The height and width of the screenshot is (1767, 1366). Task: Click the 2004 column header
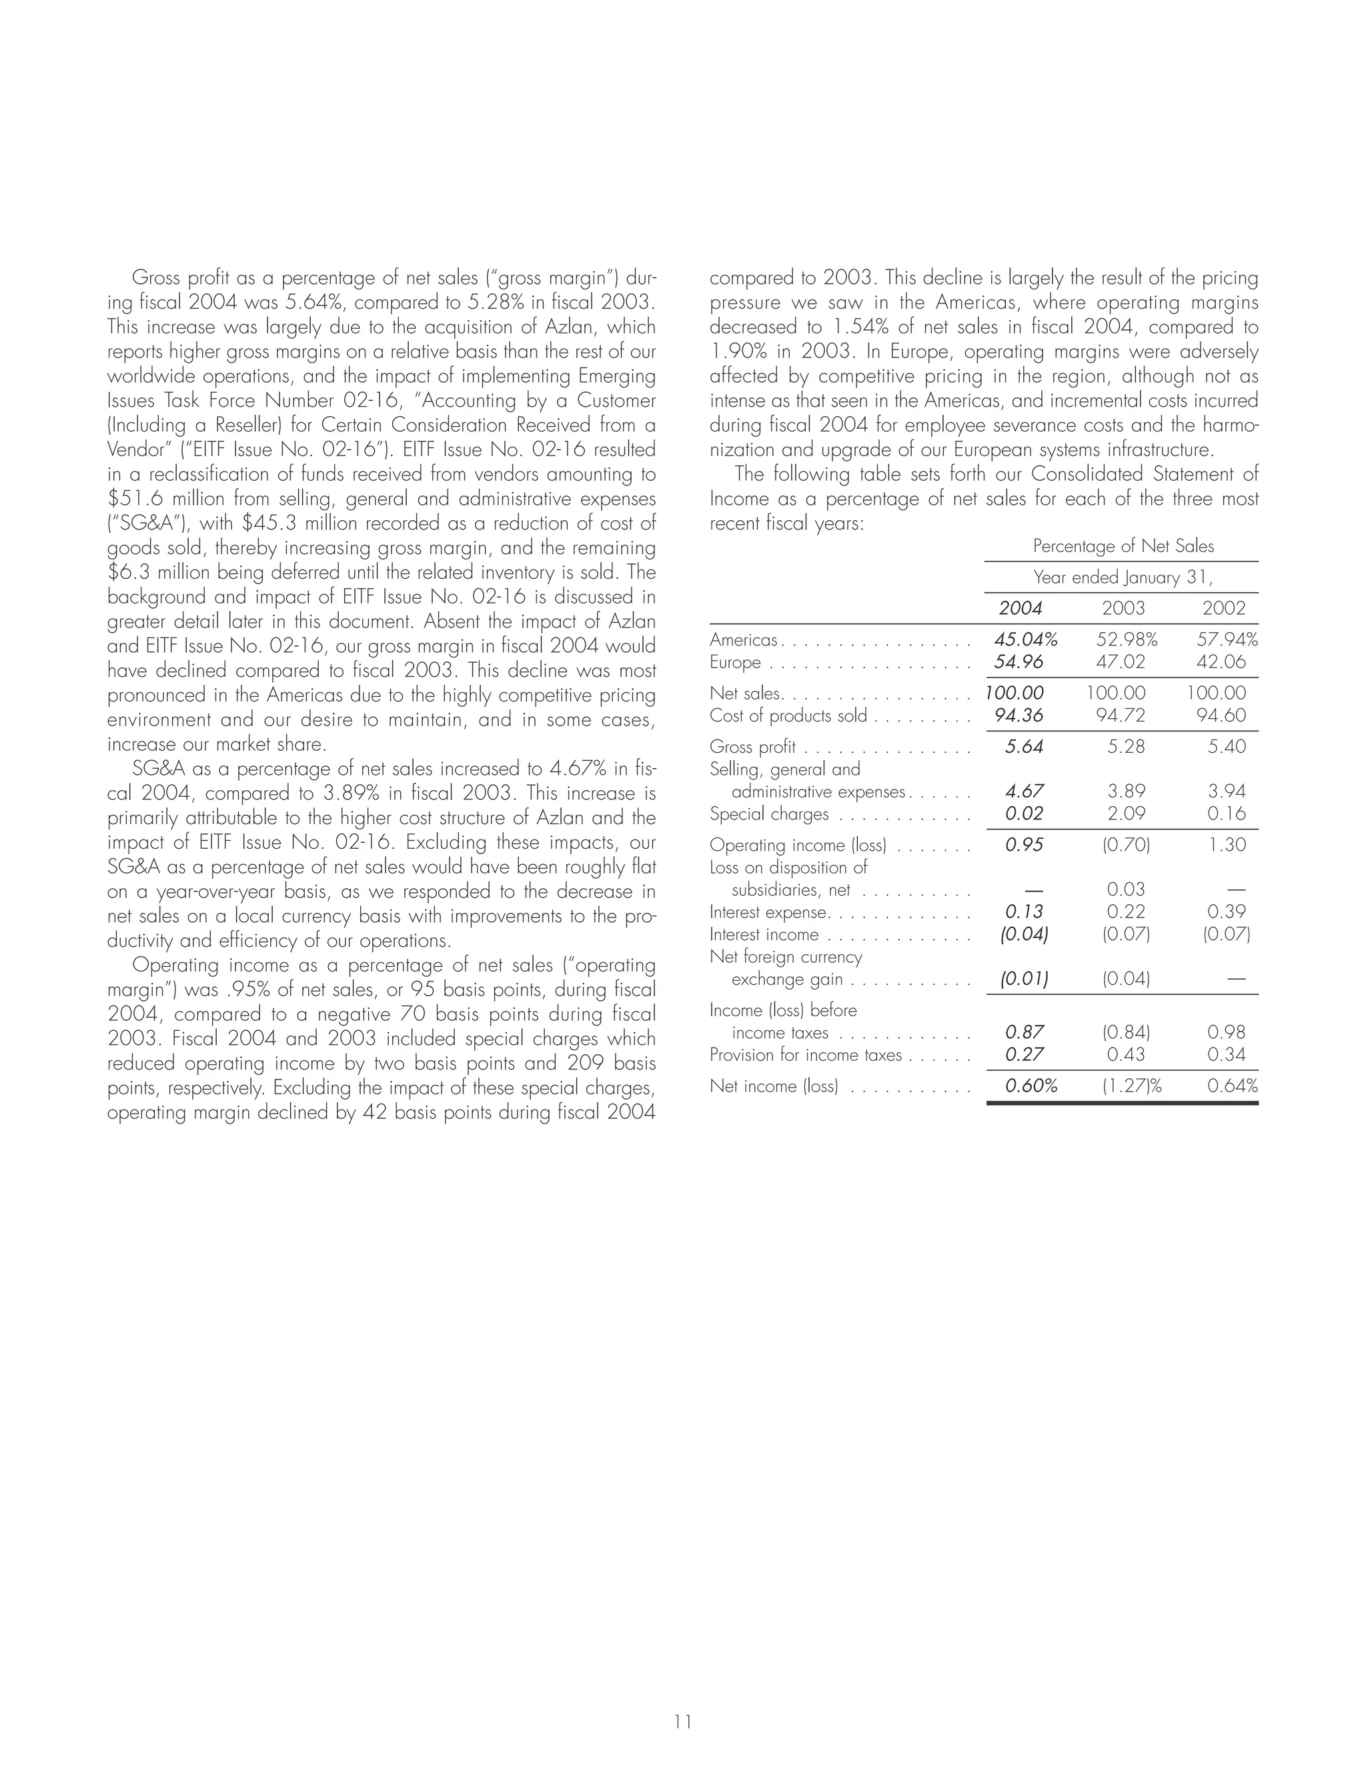click(x=1020, y=608)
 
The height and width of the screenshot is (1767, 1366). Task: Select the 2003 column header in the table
click(x=1123, y=608)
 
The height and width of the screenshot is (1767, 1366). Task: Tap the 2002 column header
click(x=1223, y=608)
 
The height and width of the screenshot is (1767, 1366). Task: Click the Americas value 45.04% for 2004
click(x=1025, y=640)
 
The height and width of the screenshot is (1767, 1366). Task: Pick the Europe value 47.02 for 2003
click(x=1121, y=663)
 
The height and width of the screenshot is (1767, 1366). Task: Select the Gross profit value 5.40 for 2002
click(x=1226, y=747)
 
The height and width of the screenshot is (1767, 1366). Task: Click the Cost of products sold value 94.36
click(x=1019, y=715)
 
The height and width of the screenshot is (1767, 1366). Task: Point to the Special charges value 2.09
click(x=1126, y=814)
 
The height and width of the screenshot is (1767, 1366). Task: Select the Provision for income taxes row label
click(x=805, y=1055)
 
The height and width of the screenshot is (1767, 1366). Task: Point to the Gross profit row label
click(x=752, y=747)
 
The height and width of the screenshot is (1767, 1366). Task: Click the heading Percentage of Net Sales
click(x=1123, y=546)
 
